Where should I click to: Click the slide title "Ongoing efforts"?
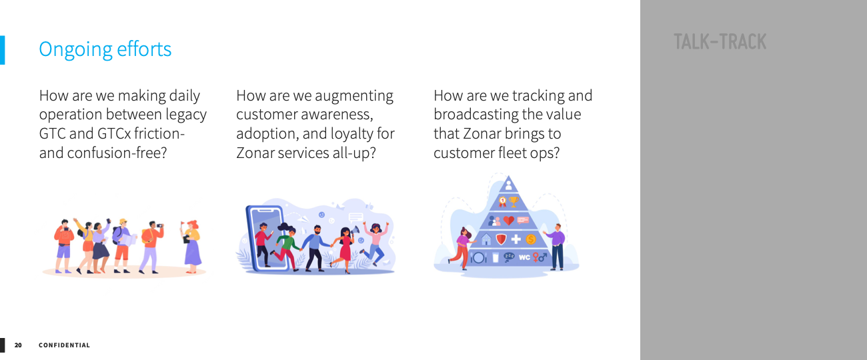[105, 50]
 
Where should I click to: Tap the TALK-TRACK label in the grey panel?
[720, 42]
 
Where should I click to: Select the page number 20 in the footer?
[18, 345]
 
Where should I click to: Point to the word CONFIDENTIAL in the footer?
[64, 345]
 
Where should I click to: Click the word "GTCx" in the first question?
[114, 133]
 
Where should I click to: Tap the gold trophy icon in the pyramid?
[514, 201]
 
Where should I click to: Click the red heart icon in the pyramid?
[509, 221]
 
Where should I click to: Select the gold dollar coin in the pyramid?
[531, 239]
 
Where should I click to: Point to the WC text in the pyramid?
[524, 257]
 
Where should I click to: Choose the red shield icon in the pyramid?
[502, 239]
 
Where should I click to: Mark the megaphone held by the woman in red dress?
[355, 231]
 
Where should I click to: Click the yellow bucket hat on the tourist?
[123, 221]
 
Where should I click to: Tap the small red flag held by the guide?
[182, 224]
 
